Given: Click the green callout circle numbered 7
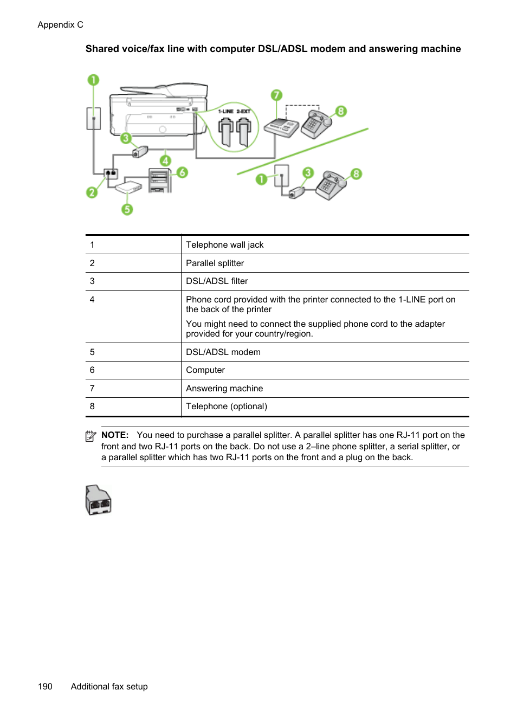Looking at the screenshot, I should coord(276,95).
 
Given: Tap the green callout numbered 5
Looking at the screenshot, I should coord(127,209).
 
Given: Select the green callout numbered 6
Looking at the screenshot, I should coord(182,172).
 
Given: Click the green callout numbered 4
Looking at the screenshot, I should coord(165,160).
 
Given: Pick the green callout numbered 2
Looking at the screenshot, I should coord(92,192).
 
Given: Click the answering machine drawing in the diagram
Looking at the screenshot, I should coord(281,128).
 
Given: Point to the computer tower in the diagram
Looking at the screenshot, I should coord(160,180).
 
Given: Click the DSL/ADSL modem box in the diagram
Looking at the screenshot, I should coord(128,188).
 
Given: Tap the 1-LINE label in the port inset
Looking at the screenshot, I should coord(225,112).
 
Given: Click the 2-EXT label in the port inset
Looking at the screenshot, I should coord(243,112).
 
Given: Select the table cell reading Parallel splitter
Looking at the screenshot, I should coord(215,263).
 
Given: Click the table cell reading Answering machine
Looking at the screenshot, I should coord(224,389).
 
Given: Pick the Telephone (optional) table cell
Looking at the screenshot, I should coord(227,407).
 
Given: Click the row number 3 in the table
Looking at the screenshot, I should coord(92,281).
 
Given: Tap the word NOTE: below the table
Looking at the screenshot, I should coord(115,435).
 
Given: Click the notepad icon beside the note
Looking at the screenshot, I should coord(91,436).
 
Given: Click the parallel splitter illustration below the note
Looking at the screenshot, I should coord(98,500).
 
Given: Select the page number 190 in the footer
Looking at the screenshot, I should coord(45,687).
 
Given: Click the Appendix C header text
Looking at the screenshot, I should coord(60,25).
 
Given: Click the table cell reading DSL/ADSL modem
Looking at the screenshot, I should coord(223,352).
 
